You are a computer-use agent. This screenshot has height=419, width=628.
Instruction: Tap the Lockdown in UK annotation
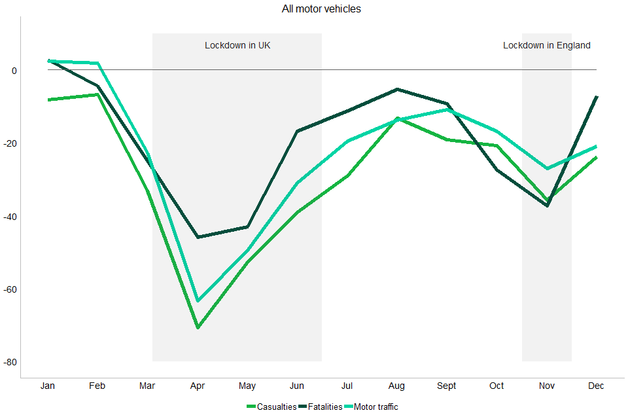pyautogui.click(x=237, y=46)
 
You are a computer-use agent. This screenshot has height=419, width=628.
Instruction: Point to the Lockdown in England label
pyautogui.click(x=546, y=46)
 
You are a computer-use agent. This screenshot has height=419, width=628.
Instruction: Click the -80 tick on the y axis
pyautogui.click(x=10, y=362)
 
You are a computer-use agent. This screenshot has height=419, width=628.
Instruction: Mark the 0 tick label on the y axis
pyautogui.click(x=14, y=71)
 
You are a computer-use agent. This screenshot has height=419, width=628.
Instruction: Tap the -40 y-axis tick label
pyautogui.click(x=10, y=217)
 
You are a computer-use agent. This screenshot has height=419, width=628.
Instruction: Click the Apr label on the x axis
pyautogui.click(x=198, y=386)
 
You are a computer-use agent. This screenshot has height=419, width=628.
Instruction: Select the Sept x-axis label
pyautogui.click(x=447, y=386)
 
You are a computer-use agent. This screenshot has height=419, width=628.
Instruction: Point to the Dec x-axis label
pyautogui.click(x=596, y=386)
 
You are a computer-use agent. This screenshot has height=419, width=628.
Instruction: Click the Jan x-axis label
pyautogui.click(x=48, y=386)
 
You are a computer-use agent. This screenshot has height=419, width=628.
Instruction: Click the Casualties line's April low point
pyautogui.click(x=198, y=327)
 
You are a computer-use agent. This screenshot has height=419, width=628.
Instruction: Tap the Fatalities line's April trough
pyautogui.click(x=198, y=237)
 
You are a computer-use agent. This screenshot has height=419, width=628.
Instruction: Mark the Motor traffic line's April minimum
pyautogui.click(x=198, y=301)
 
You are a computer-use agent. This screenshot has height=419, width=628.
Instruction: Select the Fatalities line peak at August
pyautogui.click(x=396, y=89)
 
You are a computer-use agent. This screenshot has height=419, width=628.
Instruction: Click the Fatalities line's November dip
pyautogui.click(x=547, y=206)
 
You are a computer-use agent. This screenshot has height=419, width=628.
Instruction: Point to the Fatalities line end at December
pyautogui.click(x=597, y=97)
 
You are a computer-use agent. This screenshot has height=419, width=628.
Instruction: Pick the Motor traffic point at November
pyautogui.click(x=547, y=168)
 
